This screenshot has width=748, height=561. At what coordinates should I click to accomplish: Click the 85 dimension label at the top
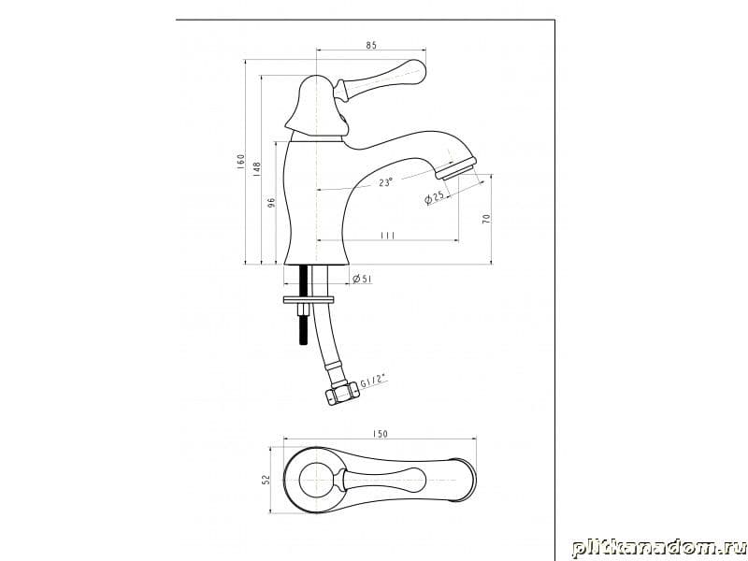(x=371, y=45)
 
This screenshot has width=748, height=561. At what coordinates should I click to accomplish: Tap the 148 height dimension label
(x=256, y=167)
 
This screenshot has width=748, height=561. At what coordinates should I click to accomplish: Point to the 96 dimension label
(x=272, y=202)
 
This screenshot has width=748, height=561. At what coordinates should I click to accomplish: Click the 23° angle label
(x=386, y=182)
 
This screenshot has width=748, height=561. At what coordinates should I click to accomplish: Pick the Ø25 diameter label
(x=434, y=196)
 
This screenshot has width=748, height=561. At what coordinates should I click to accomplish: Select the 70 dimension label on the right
(x=486, y=219)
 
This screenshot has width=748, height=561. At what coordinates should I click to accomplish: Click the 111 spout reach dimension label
(x=387, y=236)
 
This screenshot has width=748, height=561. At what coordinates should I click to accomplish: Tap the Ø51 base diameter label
(x=363, y=279)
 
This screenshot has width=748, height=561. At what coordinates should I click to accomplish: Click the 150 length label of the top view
(x=380, y=434)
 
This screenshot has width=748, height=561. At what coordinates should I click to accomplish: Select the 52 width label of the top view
(x=266, y=479)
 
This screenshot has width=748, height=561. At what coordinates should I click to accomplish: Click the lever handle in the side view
(x=381, y=79)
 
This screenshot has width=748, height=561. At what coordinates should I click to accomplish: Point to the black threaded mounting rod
(x=303, y=305)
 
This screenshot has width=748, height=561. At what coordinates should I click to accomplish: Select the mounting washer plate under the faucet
(x=309, y=300)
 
